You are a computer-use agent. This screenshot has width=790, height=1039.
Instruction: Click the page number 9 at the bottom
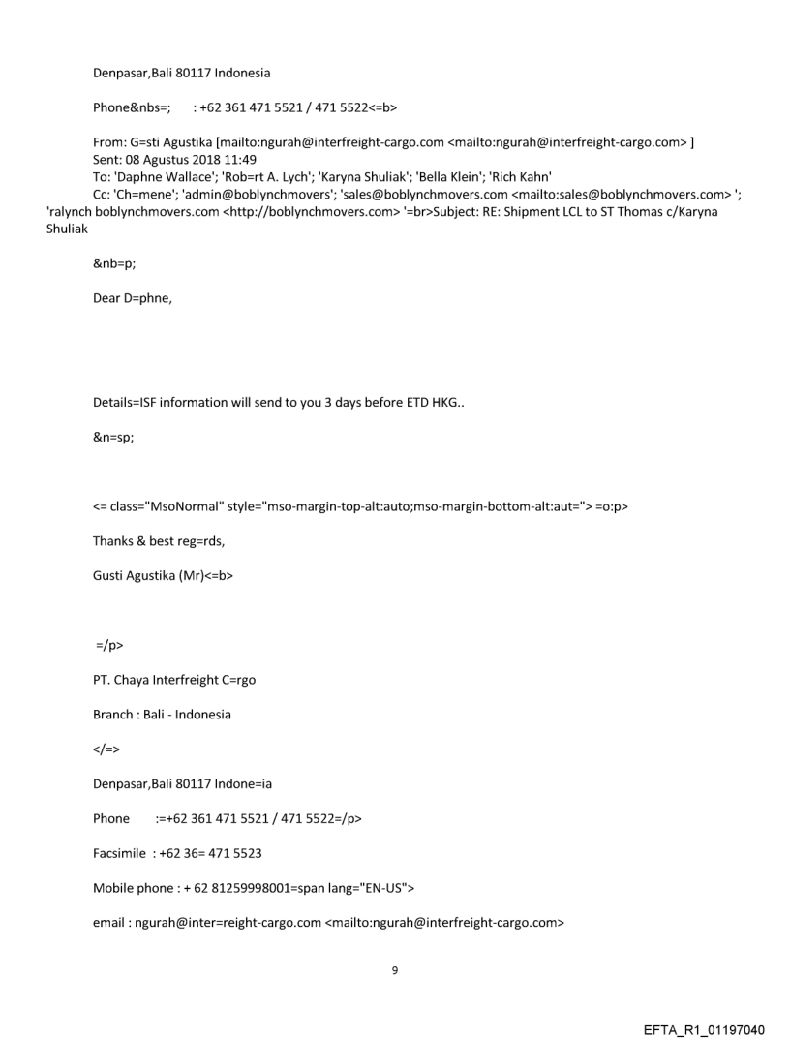394,970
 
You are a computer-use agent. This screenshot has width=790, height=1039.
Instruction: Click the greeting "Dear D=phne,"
133,298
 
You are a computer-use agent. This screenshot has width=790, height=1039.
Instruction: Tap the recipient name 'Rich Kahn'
524,176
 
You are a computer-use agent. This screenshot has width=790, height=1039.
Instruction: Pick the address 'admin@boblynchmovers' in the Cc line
255,194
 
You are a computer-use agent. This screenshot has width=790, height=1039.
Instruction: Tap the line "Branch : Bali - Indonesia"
163,715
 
